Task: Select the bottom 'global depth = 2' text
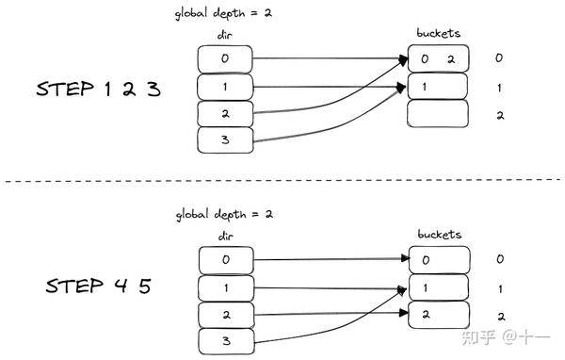(x=223, y=214)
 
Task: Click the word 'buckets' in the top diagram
(x=439, y=34)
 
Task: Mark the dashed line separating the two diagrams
(x=282, y=181)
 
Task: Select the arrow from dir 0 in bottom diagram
(x=330, y=258)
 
